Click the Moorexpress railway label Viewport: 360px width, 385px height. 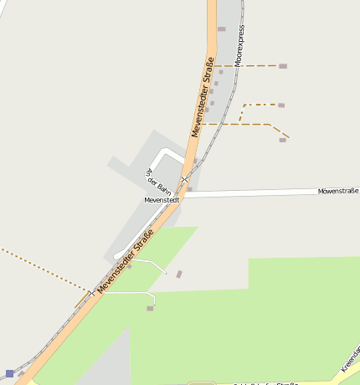pos(240,45)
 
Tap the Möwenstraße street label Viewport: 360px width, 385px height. pos(337,192)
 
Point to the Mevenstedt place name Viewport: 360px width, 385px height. pos(162,201)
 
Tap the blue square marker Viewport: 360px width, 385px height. pos(9,373)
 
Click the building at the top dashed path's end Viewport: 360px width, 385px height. pos(283,66)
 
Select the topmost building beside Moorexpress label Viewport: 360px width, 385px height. pos(222,29)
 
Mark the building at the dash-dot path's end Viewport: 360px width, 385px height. pos(281,105)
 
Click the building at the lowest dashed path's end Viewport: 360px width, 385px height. pos(283,140)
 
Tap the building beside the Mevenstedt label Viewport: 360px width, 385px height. pos(190,190)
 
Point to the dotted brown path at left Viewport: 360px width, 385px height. pos(42,268)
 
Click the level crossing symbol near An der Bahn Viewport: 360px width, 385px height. pos(184,180)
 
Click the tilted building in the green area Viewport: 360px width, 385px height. pos(179,274)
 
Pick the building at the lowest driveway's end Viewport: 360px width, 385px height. pos(150,309)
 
